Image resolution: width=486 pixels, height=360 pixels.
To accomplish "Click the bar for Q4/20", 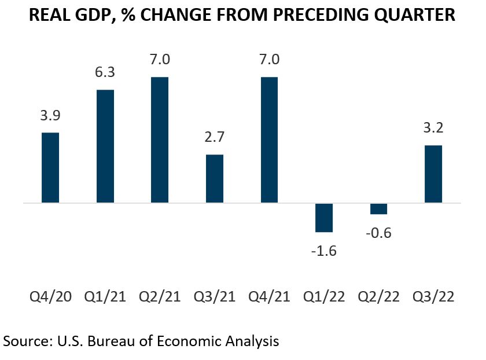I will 50,168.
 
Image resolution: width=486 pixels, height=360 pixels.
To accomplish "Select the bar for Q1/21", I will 105,146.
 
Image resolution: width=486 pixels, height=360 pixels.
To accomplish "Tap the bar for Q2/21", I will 160,140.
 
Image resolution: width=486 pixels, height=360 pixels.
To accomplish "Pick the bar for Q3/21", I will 215,179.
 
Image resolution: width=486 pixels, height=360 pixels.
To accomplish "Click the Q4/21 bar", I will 269,140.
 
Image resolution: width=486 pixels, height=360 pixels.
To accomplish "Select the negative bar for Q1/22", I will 324,218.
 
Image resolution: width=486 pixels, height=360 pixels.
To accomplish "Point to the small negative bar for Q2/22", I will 378,209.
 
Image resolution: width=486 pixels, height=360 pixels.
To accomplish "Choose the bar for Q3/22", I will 433,174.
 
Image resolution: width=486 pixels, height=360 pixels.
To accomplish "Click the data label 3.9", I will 50,115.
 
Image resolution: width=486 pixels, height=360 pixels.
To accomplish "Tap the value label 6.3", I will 105,72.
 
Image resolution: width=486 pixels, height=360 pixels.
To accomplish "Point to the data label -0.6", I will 378,233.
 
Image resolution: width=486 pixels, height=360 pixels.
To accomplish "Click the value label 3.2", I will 433,128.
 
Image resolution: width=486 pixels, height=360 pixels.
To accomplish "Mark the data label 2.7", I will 215,137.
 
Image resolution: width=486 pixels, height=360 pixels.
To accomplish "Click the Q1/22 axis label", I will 324,297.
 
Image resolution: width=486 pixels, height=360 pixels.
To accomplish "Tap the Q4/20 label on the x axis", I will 50,297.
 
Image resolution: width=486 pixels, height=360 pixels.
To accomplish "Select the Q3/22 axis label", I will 433,297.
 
